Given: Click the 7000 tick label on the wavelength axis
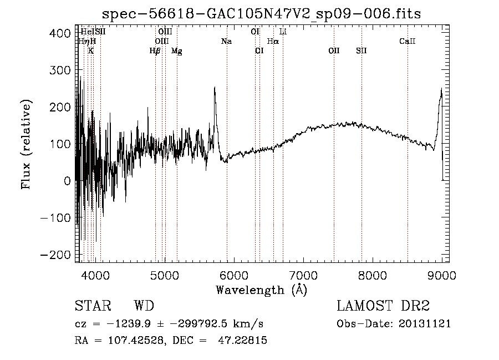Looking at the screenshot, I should coord(303,275).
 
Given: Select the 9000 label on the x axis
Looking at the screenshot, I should coord(442,275).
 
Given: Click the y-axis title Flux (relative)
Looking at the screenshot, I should coord(27,144).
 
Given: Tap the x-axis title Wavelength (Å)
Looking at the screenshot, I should coord(261,290).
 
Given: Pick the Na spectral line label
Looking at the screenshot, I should coord(226,42).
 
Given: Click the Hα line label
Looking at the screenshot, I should coord(273,42).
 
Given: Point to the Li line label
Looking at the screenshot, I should coord(283,32).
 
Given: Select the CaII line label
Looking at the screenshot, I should coord(408,42).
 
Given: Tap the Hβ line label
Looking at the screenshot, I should coord(155,51).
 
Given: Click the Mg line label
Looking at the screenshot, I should coord(176,51).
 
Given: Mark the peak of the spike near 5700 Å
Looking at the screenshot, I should coord(215,87).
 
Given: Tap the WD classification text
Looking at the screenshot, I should coord(144,306).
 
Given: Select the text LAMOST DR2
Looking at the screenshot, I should coord(383,306).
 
